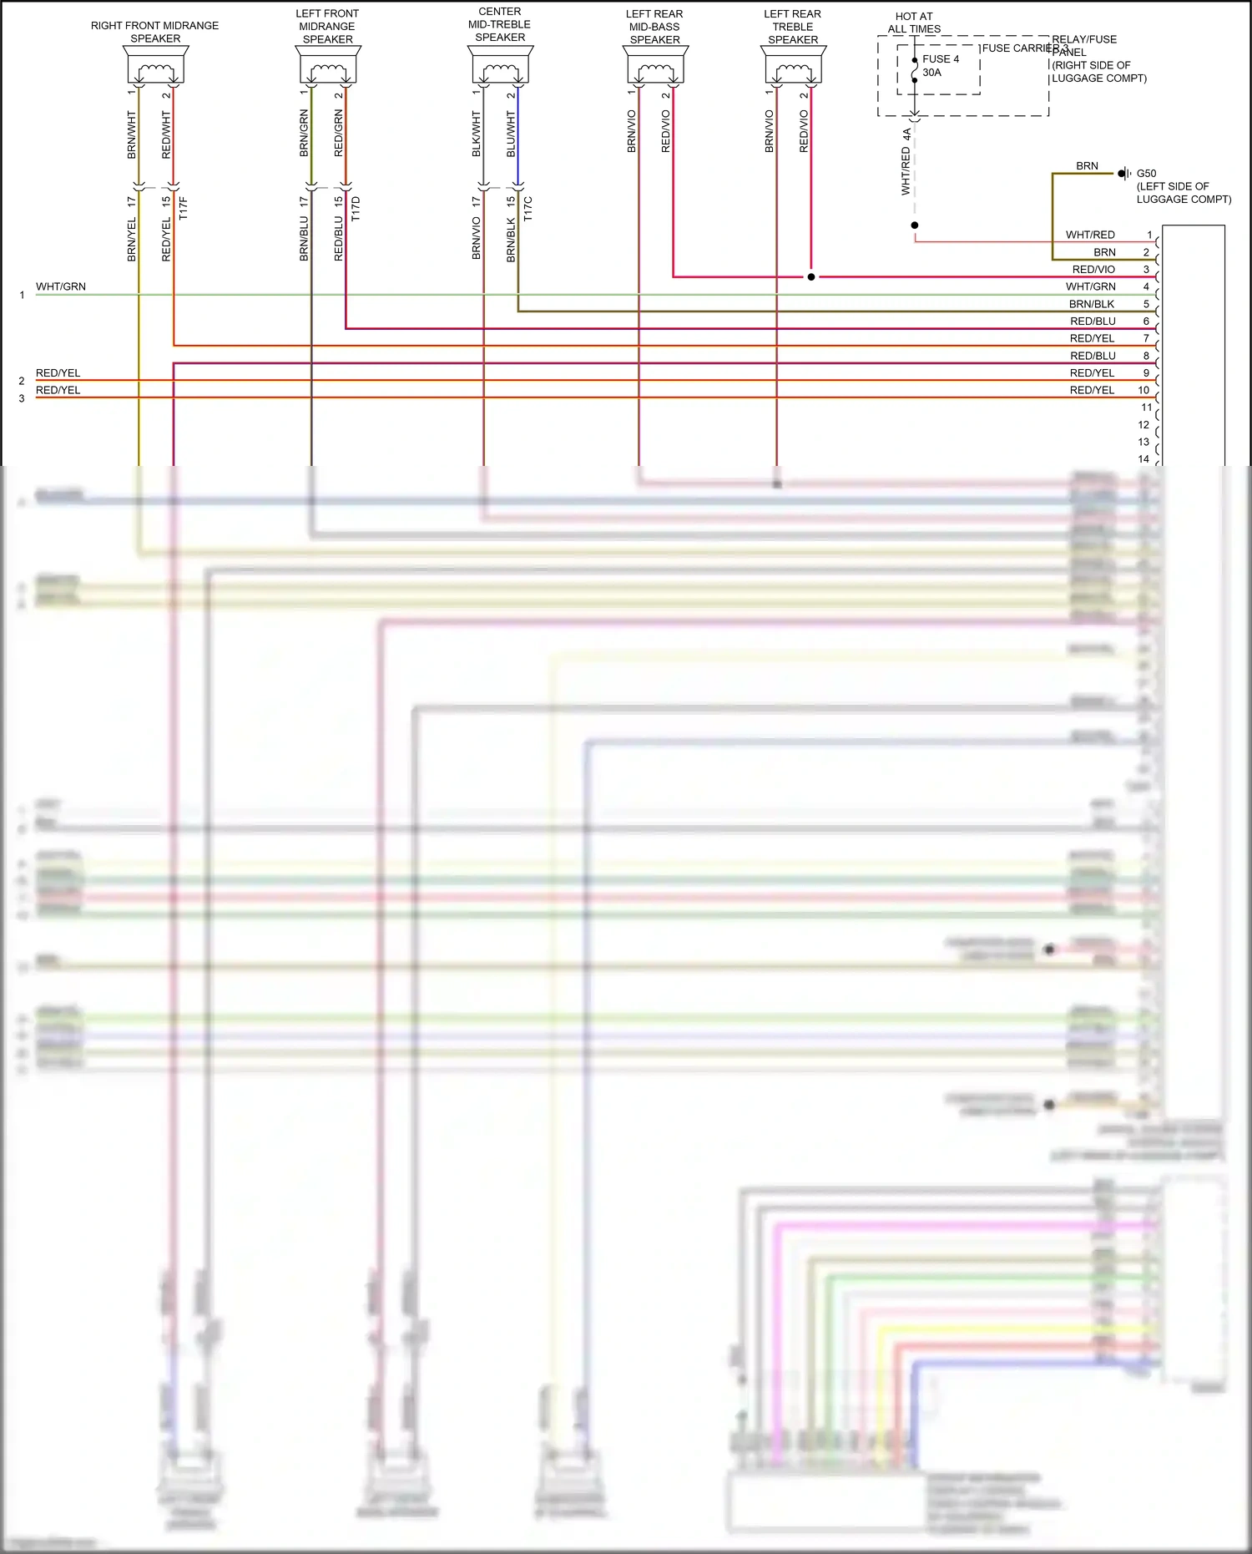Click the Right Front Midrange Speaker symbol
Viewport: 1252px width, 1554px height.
156,66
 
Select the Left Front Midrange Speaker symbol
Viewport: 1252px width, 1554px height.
328,66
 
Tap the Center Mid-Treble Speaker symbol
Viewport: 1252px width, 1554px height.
500,66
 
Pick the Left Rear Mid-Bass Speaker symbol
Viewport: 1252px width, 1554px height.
655,66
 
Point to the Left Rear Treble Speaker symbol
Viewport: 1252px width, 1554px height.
793,66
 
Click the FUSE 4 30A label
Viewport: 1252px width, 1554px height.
940,65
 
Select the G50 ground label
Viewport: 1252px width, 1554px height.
1146,174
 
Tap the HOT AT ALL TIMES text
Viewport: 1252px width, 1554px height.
914,23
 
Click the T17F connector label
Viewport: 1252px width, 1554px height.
184,208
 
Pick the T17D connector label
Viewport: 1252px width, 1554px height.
356,208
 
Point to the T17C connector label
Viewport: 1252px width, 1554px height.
528,208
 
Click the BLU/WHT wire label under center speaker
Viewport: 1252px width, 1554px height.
511,134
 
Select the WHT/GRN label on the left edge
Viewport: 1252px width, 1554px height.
60,286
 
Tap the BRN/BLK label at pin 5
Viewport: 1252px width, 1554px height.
1091,304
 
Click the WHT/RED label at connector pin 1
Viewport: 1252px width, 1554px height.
1089,235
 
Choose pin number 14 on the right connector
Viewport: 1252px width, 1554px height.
1143,458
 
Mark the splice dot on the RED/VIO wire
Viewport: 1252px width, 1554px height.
810,276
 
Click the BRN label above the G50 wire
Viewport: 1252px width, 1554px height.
1087,166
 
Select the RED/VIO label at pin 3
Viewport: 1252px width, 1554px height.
1093,269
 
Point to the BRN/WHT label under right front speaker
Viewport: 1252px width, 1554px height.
131,134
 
